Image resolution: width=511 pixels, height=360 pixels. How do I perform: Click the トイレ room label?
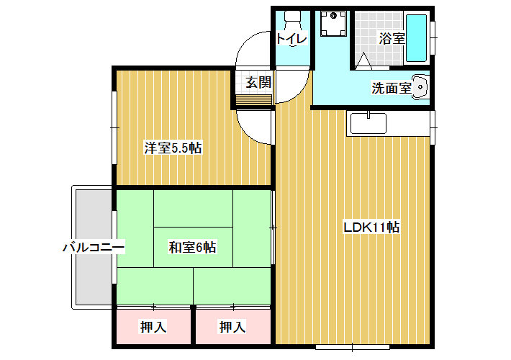[291, 39]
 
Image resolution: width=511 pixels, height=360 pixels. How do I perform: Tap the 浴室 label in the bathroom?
[392, 39]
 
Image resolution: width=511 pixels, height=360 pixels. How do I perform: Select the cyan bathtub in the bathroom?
[416, 38]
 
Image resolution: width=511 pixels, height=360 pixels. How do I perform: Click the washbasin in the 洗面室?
[419, 87]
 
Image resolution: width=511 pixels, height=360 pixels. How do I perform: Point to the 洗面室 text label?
[392, 88]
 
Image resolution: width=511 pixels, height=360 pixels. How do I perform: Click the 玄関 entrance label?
[258, 83]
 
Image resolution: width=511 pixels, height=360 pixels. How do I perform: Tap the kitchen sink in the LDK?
[368, 123]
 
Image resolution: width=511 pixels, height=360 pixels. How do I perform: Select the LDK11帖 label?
[371, 228]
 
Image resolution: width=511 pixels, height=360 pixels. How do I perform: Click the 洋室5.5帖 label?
[173, 148]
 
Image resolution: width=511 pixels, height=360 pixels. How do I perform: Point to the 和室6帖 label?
[192, 247]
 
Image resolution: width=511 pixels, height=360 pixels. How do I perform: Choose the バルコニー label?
[94, 247]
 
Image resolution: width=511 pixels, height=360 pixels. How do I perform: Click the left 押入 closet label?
[153, 327]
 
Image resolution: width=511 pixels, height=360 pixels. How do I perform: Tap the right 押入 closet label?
[232, 327]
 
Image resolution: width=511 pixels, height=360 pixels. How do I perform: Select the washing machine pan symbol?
[333, 24]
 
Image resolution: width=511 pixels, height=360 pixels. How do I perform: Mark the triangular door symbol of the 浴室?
[363, 61]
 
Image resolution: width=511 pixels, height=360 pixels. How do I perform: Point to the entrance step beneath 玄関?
[254, 100]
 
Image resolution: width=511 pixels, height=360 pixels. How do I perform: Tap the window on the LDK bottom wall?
[353, 347]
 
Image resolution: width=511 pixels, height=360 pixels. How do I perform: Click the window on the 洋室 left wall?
[114, 127]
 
